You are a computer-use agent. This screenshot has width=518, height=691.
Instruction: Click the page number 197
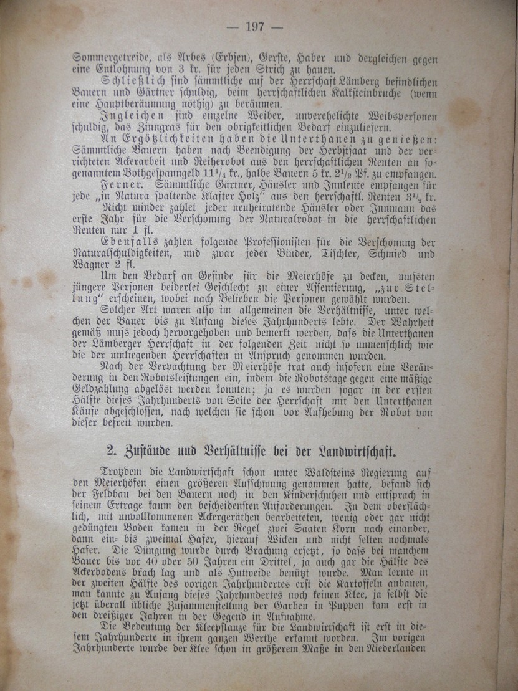pos(255,27)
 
